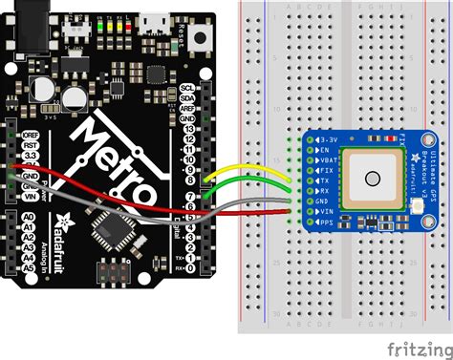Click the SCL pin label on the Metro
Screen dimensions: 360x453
pos(187,87)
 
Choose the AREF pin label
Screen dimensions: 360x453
pos(187,108)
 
